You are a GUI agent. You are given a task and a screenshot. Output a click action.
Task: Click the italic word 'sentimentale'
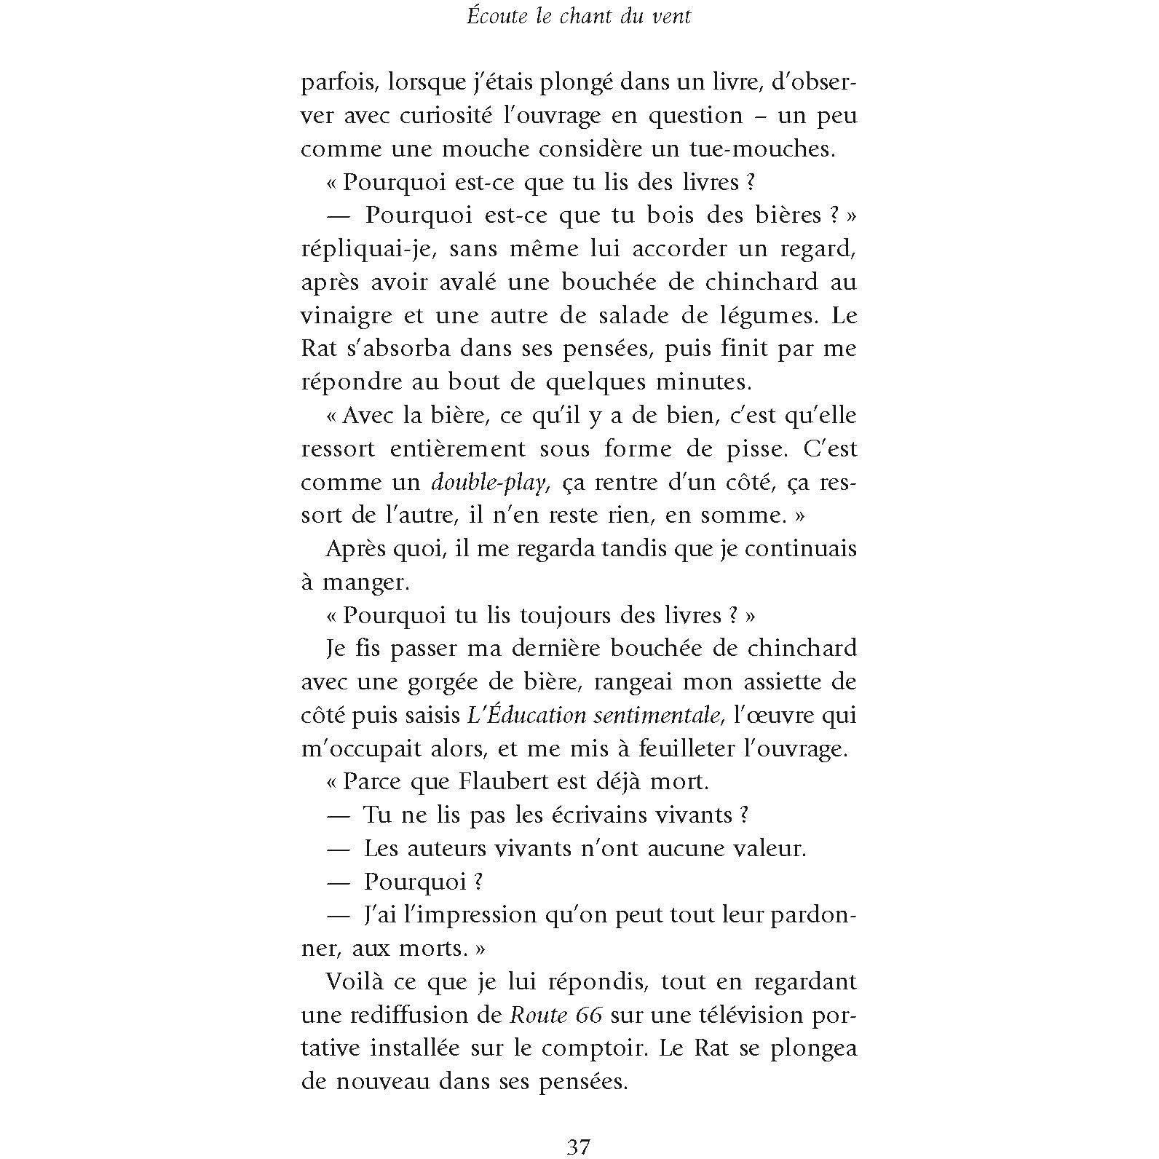657,715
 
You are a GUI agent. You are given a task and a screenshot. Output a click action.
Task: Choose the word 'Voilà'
357,981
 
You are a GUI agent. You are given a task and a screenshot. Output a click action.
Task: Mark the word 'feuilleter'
700,748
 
